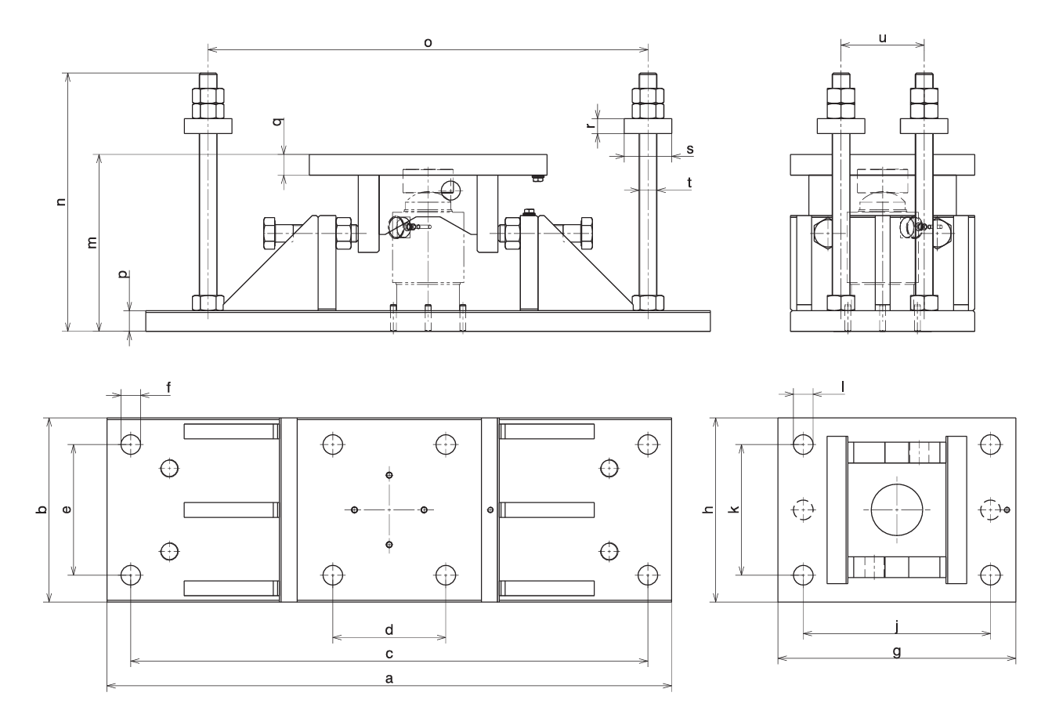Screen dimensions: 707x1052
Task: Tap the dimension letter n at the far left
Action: [61, 201]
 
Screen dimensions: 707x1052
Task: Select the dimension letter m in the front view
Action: [92, 242]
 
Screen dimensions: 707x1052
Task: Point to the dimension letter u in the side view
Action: [883, 37]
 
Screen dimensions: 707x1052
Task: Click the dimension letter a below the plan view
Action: [389, 679]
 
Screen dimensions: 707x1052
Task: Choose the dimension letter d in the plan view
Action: [389, 629]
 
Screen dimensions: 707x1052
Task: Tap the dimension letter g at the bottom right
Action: [897, 651]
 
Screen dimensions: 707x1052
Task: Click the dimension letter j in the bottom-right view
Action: [897, 625]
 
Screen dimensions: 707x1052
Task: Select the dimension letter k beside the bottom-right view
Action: [734, 509]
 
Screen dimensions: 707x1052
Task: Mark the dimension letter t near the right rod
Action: [689, 183]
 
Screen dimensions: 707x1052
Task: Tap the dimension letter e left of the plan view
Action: [67, 509]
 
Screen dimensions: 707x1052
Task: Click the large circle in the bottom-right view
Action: [897, 509]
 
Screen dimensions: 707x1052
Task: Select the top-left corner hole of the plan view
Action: [131, 444]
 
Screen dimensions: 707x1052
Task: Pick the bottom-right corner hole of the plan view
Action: [647, 575]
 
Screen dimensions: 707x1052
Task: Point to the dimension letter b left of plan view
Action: [42, 509]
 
